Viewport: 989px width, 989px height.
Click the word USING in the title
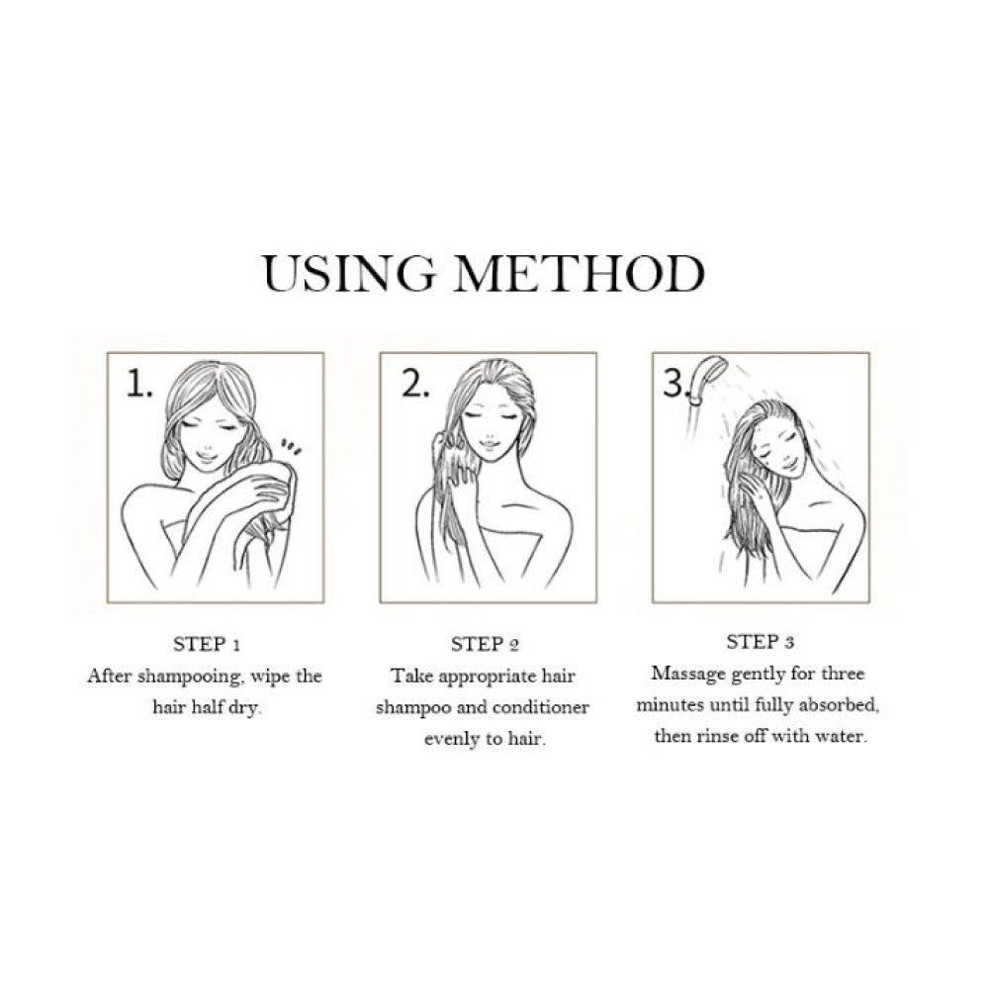tap(349, 274)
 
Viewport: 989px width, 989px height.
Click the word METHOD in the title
tap(579, 274)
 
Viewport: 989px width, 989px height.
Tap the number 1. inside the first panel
tap(139, 384)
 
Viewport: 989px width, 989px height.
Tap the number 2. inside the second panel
tap(415, 384)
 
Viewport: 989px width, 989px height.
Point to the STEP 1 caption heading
tap(207, 645)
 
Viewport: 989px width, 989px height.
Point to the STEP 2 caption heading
tap(485, 645)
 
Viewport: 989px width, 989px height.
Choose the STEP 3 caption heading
tap(760, 642)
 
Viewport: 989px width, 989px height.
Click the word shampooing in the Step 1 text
tap(190, 677)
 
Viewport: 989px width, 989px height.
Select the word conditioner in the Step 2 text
tap(541, 707)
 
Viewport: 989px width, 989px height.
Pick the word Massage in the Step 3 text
tap(688, 674)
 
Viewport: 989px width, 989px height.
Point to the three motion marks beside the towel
tap(291, 447)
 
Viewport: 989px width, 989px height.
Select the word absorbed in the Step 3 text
tap(839, 705)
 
